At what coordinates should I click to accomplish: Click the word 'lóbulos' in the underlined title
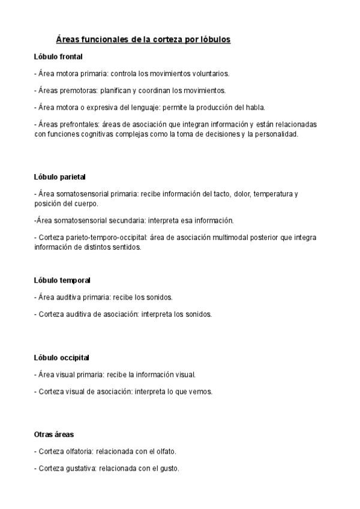coord(213,39)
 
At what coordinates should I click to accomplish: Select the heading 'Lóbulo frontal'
coord(58,56)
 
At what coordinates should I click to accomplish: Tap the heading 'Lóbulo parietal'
coord(60,177)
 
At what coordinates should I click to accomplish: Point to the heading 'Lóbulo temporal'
coord(62,280)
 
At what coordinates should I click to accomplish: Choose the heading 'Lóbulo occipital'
coord(62,358)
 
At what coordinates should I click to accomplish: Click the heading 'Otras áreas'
coord(54,434)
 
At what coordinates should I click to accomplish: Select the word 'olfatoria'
coord(81,451)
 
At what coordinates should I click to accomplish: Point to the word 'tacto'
coord(219,194)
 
